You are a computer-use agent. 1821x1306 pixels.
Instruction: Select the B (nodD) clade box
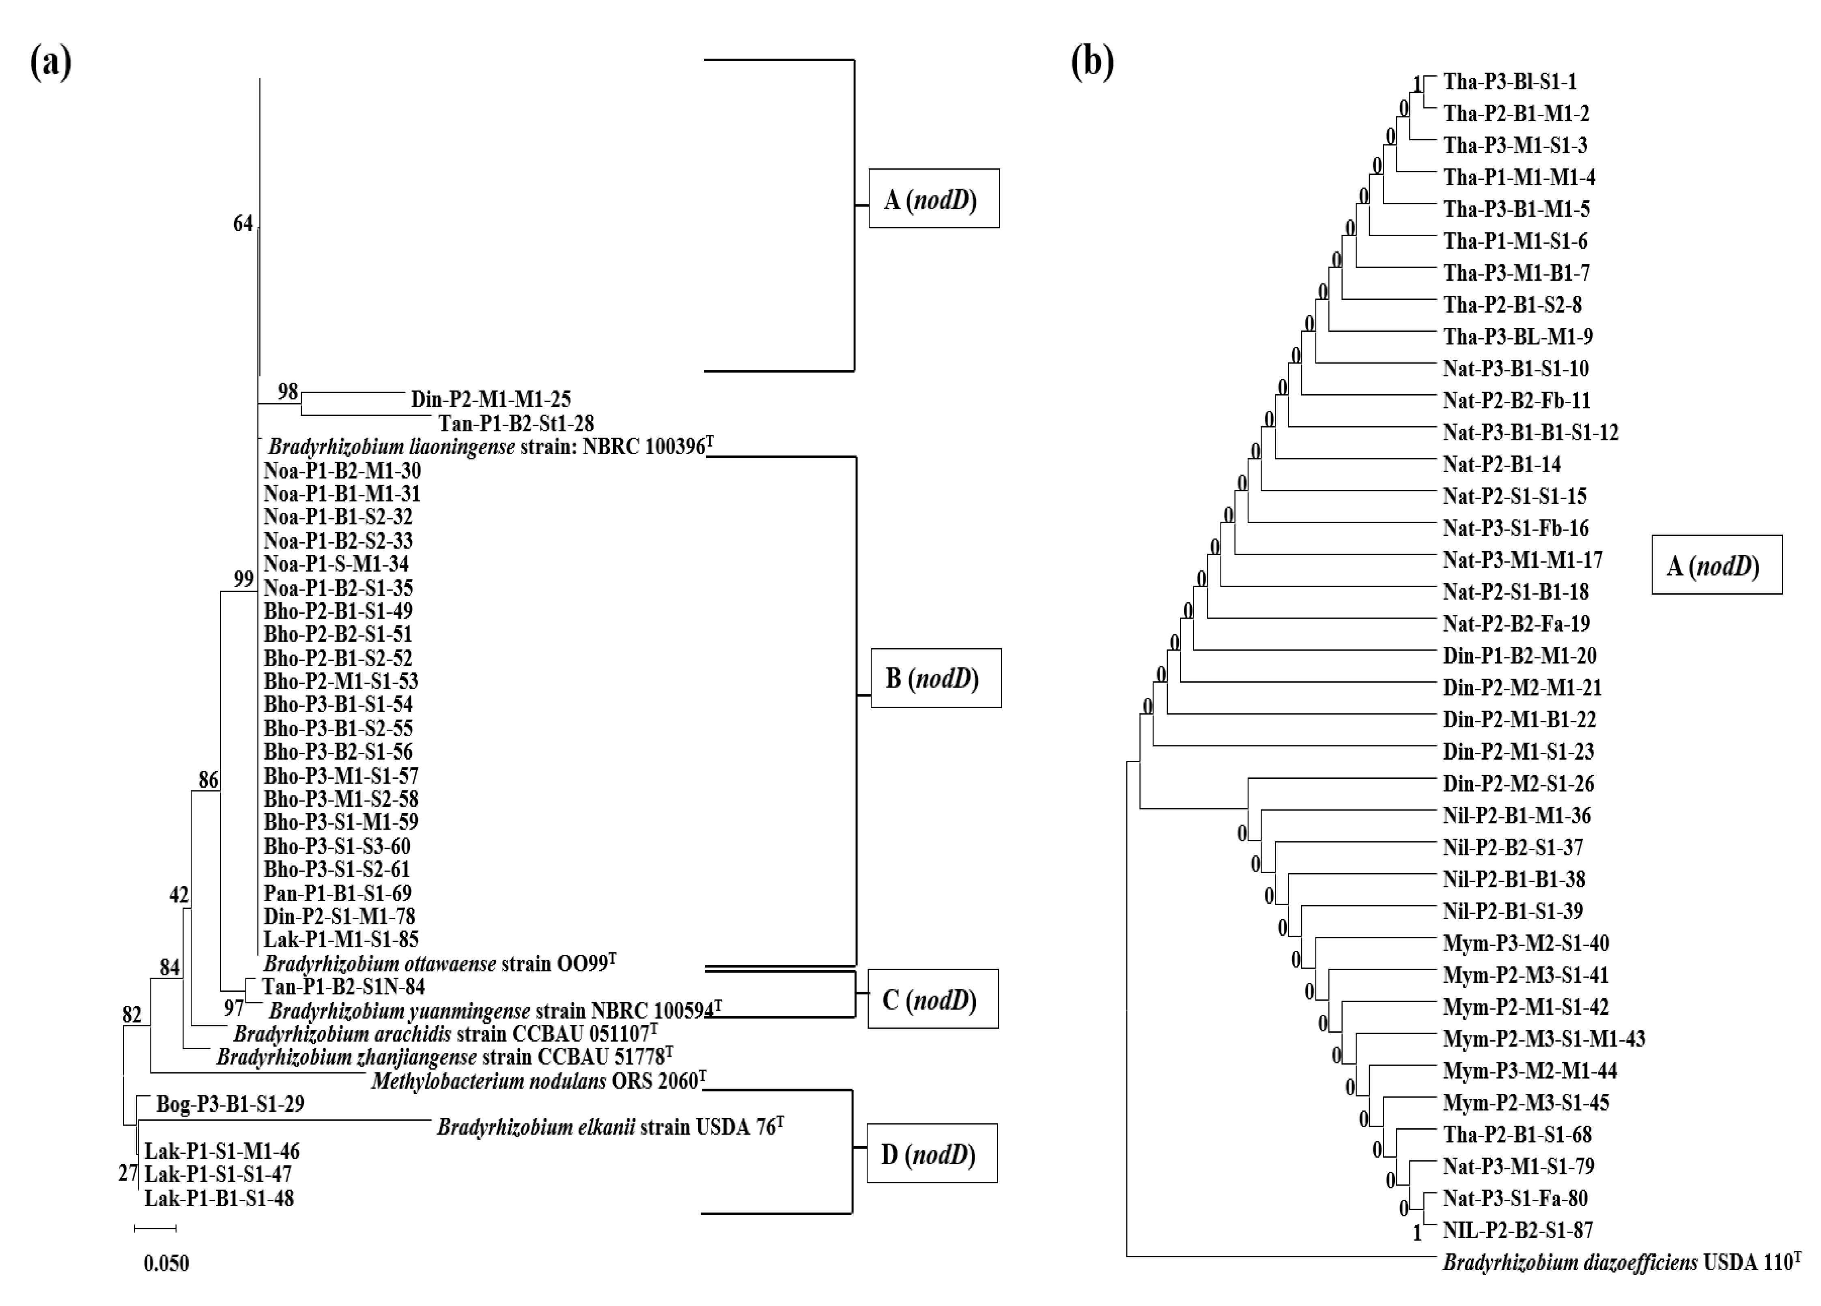935,678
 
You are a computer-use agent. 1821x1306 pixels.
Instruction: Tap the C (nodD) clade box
932,999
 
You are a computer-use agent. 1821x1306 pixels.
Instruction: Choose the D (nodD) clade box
931,1153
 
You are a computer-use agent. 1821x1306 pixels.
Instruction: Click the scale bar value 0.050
166,1263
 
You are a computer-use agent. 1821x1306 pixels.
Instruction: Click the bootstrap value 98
287,392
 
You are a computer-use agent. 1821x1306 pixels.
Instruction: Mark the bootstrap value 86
208,780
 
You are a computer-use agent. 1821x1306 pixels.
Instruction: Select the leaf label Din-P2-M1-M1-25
491,399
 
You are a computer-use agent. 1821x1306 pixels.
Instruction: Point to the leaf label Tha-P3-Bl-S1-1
1509,82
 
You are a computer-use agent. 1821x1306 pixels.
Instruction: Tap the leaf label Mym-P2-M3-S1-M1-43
1543,1039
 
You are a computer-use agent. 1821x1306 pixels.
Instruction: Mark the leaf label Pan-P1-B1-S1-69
337,893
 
